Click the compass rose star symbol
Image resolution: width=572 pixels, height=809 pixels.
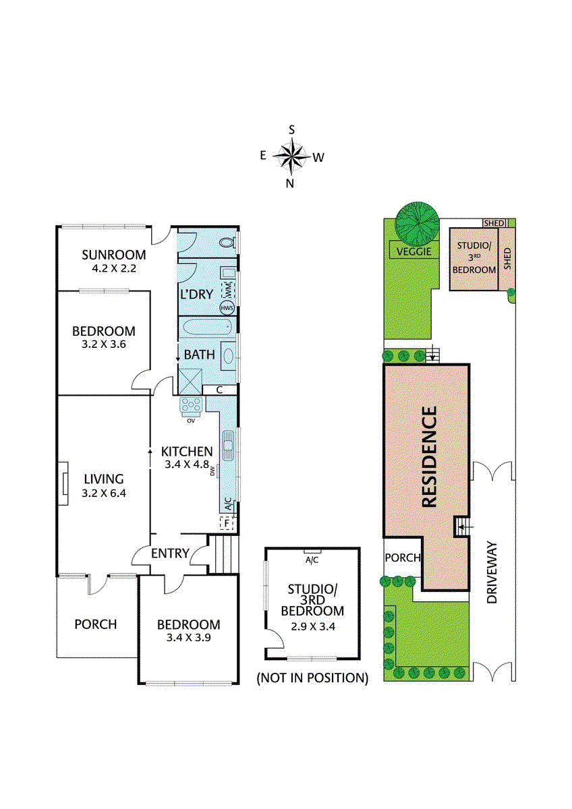291,156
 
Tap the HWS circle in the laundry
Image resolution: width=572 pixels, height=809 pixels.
227,308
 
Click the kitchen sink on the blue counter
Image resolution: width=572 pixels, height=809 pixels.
228,446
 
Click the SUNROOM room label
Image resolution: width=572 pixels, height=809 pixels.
114,255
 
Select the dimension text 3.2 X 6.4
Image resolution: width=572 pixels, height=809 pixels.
104,493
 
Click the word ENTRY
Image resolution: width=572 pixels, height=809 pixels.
170,553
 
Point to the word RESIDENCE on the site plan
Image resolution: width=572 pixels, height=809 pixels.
430,456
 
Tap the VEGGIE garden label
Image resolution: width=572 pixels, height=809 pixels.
414,251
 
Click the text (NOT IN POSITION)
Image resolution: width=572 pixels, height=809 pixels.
312,678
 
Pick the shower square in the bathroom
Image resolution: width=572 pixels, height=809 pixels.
191,382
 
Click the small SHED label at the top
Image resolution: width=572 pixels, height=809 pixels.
494,223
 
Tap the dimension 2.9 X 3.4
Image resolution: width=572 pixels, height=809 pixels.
313,626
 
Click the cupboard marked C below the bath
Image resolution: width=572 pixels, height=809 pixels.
219,390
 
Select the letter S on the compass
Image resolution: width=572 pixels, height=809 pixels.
291,129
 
